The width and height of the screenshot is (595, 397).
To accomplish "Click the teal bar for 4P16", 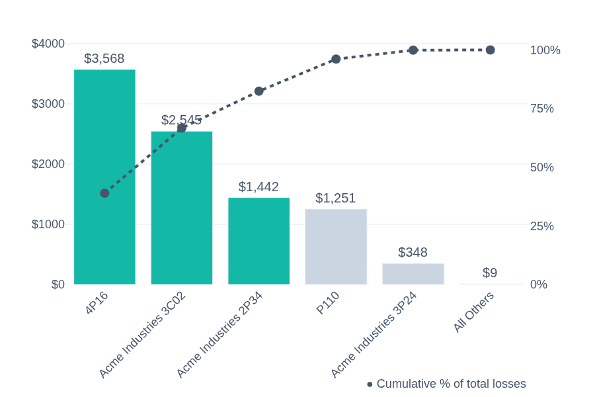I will (104, 177).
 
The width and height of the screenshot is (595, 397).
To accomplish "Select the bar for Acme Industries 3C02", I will (182, 208).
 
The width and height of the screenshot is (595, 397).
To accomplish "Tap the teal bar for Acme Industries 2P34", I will (258, 241).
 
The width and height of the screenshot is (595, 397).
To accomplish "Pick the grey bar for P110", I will (336, 247).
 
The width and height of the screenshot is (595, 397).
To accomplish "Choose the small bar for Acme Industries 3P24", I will (413, 274).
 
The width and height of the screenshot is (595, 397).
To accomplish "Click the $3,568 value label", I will (104, 58).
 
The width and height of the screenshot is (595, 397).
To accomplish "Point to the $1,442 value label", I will (258, 187).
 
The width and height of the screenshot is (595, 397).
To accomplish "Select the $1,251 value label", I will (336, 198).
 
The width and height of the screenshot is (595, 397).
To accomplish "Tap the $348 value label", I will (413, 252).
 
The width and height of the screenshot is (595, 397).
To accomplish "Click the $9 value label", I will (490, 273).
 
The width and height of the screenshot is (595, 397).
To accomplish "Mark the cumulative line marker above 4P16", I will (104, 193).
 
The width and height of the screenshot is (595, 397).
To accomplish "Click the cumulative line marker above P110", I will (336, 59).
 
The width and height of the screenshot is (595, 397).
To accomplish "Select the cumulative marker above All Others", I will (490, 50).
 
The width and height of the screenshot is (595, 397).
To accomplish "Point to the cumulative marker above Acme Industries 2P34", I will (258, 91).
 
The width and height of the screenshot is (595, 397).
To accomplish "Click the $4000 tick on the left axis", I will (48, 44).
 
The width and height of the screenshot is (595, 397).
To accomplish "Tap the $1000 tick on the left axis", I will (48, 224).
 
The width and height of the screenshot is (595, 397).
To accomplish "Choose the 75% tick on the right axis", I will (542, 109).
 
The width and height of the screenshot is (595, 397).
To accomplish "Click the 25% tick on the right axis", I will (542, 226).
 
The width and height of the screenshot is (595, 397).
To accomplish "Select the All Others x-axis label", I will (474, 312).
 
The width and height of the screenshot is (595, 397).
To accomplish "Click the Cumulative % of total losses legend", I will (446, 384).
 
